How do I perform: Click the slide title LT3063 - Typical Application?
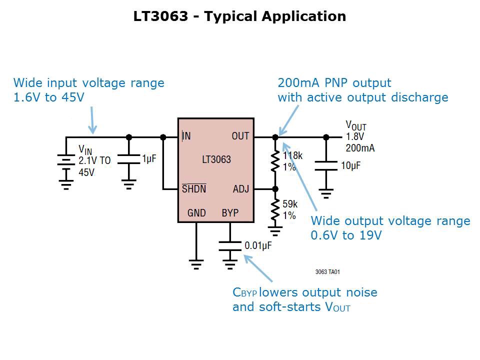[239, 16]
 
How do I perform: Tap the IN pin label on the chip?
[186, 136]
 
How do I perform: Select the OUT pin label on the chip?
[240, 136]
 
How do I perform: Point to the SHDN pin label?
[193, 189]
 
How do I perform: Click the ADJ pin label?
[241, 189]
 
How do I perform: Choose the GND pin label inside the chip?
[196, 213]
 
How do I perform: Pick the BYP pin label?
[230, 213]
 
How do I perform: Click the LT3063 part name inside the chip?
[216, 160]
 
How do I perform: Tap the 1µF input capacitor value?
[149, 158]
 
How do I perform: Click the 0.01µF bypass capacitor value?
[258, 245]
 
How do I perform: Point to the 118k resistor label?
[292, 155]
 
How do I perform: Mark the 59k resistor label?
[290, 204]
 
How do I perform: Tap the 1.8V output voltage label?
[354, 136]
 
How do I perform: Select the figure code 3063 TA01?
[327, 272]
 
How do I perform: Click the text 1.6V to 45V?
[48, 97]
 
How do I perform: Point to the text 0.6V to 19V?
[346, 235]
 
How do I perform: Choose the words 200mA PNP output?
[334, 82]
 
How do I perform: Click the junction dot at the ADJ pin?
[275, 189]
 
